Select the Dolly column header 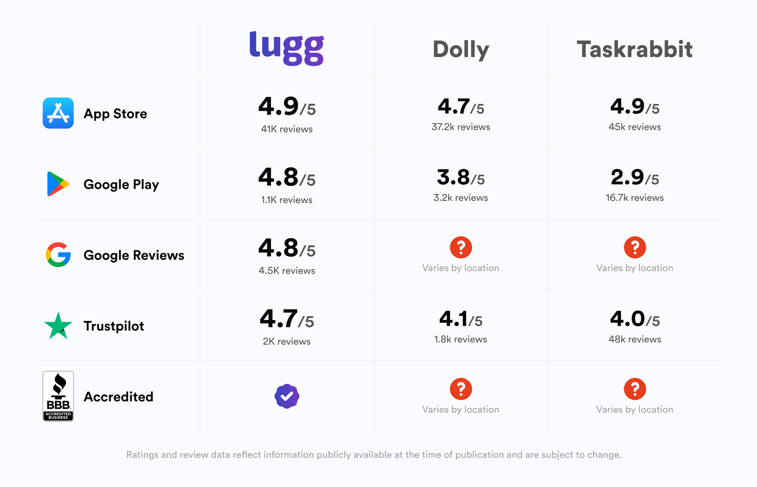(x=461, y=50)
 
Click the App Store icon (x=58, y=113)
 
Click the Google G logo (x=58, y=255)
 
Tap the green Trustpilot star (x=58, y=326)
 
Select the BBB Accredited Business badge (x=58, y=396)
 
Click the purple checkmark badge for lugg (x=287, y=396)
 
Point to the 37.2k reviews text (x=461, y=127)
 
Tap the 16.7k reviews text (x=635, y=198)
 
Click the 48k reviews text (x=635, y=339)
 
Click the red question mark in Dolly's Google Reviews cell (x=461, y=247)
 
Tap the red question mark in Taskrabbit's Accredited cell (x=635, y=389)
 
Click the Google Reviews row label (x=134, y=255)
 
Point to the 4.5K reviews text (x=287, y=271)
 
